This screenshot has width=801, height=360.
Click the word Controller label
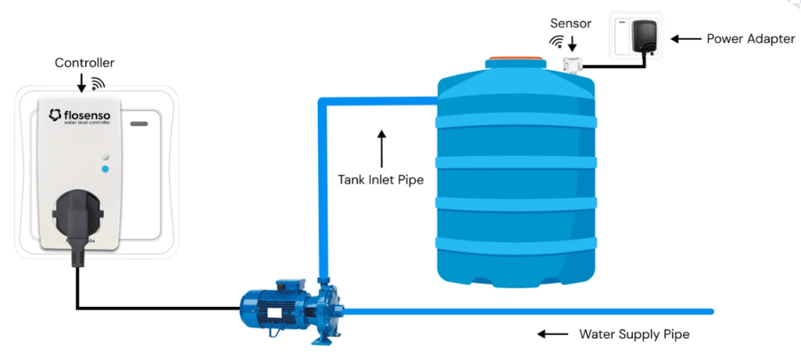pyautogui.click(x=84, y=63)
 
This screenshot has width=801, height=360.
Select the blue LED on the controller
pyautogui.click(x=105, y=170)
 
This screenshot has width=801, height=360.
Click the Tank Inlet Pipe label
pyautogui.click(x=381, y=180)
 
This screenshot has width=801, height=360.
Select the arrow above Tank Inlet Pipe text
pyautogui.click(x=381, y=147)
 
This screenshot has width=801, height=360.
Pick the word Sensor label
pyautogui.click(x=571, y=24)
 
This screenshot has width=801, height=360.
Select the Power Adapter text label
pyautogui.click(x=751, y=39)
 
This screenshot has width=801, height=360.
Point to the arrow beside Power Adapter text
pyautogui.click(x=685, y=39)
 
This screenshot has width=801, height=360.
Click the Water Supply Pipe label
pyautogui.click(x=634, y=334)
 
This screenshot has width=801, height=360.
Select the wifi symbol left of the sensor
pyautogui.click(x=555, y=42)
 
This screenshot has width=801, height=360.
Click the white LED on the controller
pyautogui.click(x=105, y=156)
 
